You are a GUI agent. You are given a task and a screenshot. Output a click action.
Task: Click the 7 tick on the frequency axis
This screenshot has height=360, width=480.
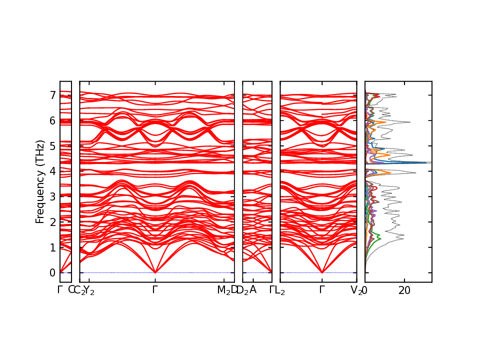(51, 95)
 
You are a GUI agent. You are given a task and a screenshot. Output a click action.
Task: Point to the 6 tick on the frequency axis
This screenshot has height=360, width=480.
(51, 120)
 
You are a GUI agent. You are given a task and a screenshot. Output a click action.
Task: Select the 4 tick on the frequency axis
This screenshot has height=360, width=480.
(51, 171)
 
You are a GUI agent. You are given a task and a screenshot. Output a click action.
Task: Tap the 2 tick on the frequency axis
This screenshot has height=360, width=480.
(51, 222)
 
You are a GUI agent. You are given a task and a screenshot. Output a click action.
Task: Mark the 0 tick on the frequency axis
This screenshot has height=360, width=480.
(51, 272)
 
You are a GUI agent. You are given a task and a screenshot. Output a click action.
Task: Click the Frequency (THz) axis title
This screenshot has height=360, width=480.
(40, 181)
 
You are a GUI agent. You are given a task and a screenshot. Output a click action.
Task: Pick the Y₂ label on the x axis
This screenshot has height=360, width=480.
(89, 290)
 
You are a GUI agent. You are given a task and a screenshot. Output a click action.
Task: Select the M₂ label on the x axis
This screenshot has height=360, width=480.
(223, 290)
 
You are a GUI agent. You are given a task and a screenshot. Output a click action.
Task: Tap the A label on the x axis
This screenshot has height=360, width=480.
(253, 289)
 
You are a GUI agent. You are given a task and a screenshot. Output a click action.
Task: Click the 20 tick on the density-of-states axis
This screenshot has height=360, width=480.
(404, 290)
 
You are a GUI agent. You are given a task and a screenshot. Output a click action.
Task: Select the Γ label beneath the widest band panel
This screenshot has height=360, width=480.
(155, 289)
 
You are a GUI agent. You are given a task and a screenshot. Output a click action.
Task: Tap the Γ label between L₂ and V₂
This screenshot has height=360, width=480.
(321, 289)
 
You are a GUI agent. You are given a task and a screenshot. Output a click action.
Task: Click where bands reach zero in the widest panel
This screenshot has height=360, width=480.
(155, 272)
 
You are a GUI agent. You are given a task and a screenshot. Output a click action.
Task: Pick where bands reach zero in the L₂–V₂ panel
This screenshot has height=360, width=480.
(321, 272)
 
